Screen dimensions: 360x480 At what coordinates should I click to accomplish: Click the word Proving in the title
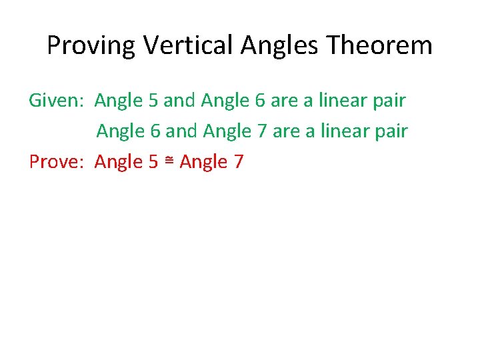91,46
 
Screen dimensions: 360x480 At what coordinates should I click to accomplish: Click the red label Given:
56,101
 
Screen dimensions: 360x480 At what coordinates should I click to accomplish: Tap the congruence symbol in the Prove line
169,161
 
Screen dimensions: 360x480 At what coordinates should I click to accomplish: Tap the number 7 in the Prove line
238,162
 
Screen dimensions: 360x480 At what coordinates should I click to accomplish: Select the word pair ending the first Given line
388,101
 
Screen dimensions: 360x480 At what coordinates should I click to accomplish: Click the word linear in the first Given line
339,101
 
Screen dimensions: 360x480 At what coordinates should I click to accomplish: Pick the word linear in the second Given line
341,131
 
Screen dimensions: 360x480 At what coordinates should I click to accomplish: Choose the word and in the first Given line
177,101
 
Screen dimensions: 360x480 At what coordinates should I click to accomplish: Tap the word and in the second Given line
180,131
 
